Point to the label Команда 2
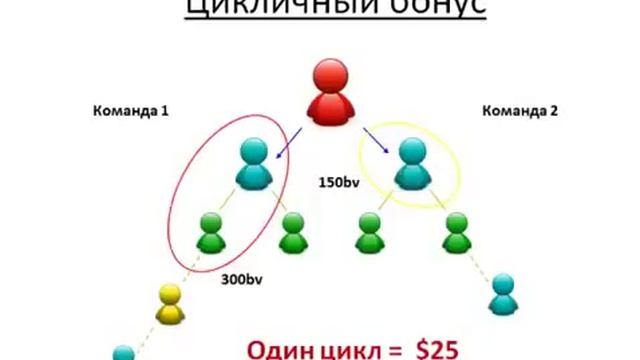click(519, 111)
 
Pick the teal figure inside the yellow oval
click(412, 164)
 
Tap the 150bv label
click(338, 183)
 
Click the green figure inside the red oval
click(212, 234)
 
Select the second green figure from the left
click(292, 234)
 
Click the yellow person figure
click(170, 304)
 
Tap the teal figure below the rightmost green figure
click(506, 296)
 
